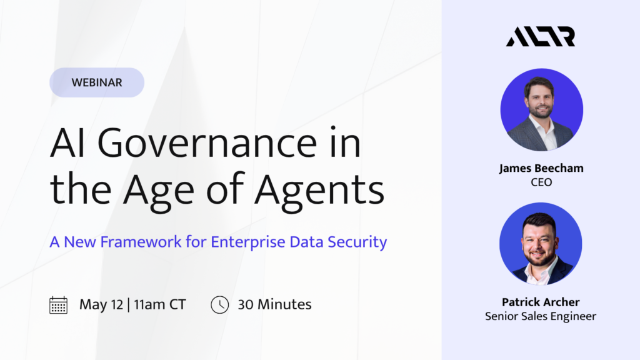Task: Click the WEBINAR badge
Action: pos(97,82)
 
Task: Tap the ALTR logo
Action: pos(541,37)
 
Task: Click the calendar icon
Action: pos(58,305)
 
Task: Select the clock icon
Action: pos(219,305)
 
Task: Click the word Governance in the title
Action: pos(207,143)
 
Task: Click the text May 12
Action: pos(101,304)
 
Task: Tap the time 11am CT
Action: pos(160,304)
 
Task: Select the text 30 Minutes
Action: pos(275,304)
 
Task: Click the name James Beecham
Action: pos(541,168)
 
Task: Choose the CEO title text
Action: pos(541,182)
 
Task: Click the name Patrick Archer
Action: pos(541,302)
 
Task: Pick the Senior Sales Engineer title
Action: pos(541,316)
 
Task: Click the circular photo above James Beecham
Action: pos(542,110)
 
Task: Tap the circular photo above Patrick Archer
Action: pos(541,244)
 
